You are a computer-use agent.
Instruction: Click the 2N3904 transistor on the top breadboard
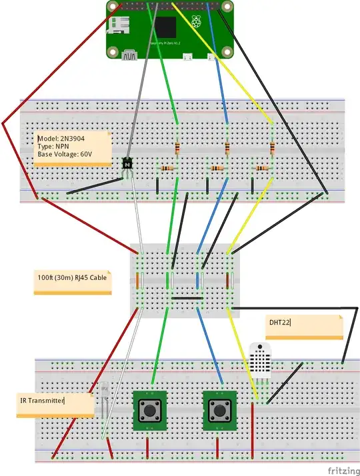pyautogui.click(x=127, y=163)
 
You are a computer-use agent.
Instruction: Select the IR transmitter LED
pyautogui.click(x=107, y=400)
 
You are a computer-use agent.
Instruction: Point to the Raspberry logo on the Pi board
pyautogui.click(x=196, y=23)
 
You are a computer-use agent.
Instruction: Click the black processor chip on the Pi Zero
pyautogui.click(x=166, y=27)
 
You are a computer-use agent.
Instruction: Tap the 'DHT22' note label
pyautogui.click(x=280, y=323)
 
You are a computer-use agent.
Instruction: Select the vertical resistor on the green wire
pyautogui.click(x=177, y=147)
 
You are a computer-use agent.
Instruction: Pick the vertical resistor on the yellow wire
pyautogui.click(x=272, y=147)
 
